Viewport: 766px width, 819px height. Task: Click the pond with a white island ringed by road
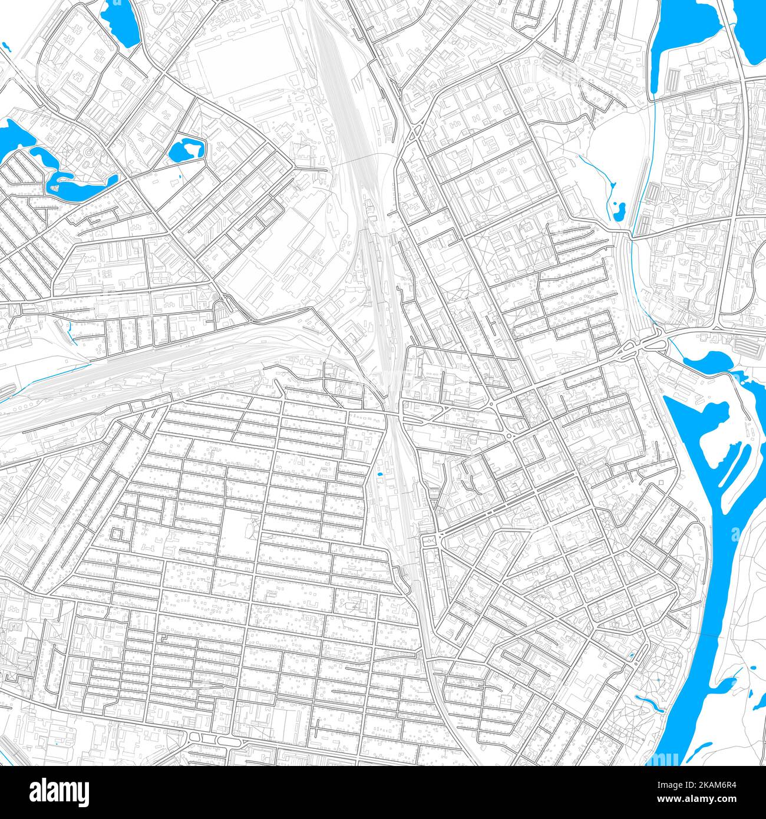(186, 150)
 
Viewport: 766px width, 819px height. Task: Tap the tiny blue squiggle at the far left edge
(5, 46)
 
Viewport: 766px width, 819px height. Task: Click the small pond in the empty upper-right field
(619, 212)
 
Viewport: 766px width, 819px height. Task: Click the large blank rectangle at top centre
(247, 65)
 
